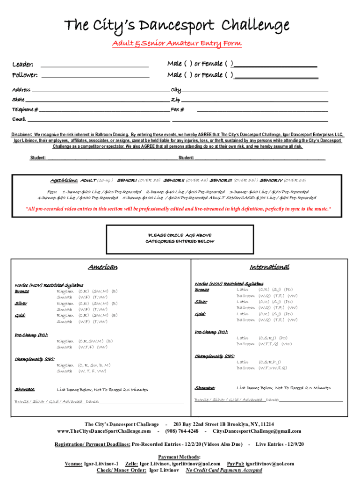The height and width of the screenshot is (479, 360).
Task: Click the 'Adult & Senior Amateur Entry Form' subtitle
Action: click(x=177, y=44)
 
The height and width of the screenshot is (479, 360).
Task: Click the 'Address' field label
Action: click(x=21, y=90)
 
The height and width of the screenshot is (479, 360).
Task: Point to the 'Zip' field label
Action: click(x=175, y=100)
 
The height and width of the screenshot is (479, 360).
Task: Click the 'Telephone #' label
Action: click(x=25, y=109)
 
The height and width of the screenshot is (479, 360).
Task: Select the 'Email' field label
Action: click(x=19, y=119)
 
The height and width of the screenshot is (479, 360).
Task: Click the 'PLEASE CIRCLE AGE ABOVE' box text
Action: click(x=180, y=235)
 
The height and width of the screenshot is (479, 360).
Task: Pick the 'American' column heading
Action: click(x=103, y=267)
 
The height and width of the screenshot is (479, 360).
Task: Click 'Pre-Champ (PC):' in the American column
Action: click(x=31, y=335)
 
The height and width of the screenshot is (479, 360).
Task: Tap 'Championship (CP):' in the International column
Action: click(x=215, y=356)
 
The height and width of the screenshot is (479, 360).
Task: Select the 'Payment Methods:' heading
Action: click(x=180, y=457)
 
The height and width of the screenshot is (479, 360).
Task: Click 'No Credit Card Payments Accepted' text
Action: click(x=224, y=470)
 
